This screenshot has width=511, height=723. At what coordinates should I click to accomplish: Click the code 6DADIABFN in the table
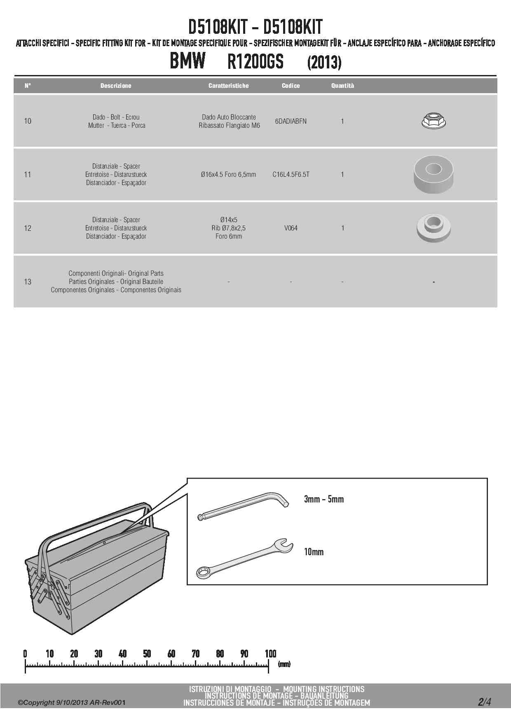point(291,121)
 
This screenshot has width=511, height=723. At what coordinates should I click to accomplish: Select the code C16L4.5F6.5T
point(291,174)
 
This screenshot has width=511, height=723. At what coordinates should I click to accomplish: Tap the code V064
point(291,228)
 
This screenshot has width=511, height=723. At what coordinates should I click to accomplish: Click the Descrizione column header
point(116,86)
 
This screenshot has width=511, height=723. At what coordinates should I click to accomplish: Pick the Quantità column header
point(342,86)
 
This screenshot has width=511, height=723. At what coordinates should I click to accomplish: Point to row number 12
point(28,228)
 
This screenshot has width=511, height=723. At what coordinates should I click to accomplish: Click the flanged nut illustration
point(434,120)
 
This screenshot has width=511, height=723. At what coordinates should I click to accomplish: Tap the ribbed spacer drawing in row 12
point(434,228)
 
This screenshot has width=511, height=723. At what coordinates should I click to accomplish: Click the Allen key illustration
point(243,505)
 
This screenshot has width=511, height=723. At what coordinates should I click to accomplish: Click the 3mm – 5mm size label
point(323,499)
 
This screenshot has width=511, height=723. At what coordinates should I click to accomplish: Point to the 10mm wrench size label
point(314,552)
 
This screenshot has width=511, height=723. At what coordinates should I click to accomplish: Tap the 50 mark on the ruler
point(147,653)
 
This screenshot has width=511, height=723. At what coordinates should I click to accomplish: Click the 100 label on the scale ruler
point(270,653)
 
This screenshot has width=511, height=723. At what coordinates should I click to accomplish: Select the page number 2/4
point(484,702)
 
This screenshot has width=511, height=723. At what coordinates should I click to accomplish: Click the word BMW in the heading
point(188,61)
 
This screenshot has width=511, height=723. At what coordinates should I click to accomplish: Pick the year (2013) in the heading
point(324,63)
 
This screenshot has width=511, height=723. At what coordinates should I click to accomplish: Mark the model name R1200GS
point(255,62)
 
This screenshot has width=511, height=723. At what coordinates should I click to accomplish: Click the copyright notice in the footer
point(71,702)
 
